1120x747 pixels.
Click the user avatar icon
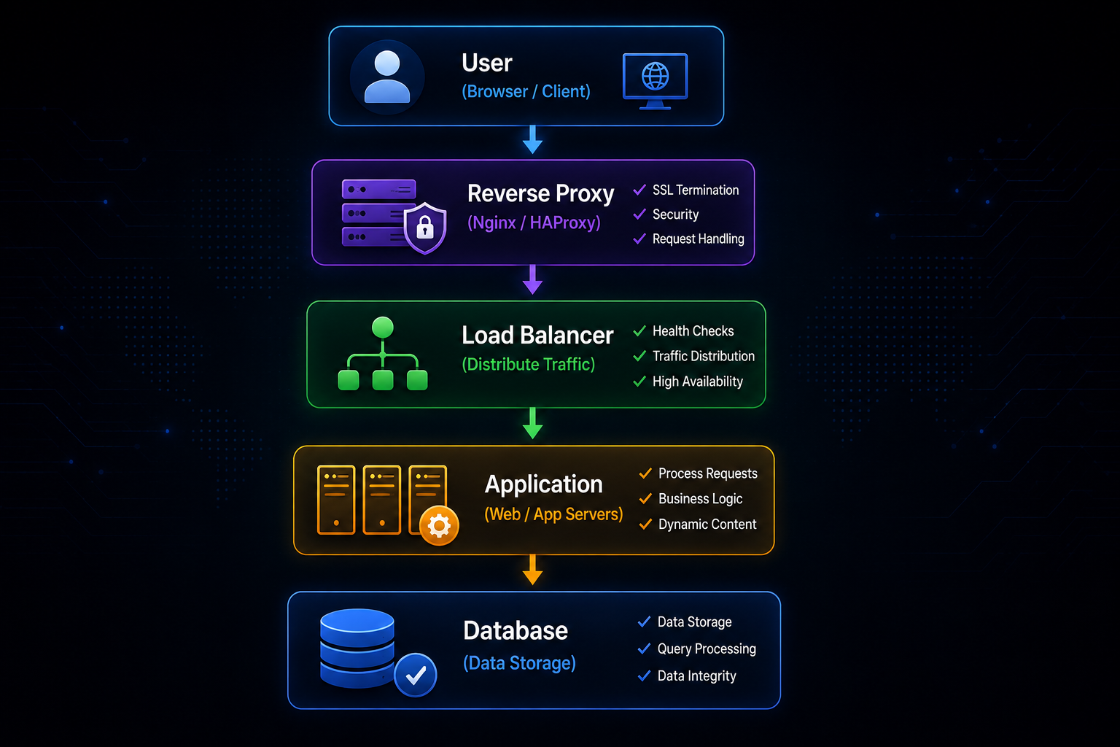coord(387,77)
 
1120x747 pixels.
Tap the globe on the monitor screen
coord(655,76)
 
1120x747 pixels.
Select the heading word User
coord(487,63)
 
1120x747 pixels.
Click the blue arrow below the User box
coord(532,139)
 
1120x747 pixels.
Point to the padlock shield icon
coord(425,228)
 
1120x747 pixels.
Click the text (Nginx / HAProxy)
coord(534,222)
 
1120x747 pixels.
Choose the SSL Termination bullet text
coord(696,190)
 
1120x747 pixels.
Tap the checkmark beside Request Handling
coord(639,239)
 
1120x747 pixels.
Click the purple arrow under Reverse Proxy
coord(532,279)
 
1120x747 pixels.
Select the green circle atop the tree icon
coord(383,328)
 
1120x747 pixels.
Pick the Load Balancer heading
coord(537,335)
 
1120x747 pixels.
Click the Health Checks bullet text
coord(693,331)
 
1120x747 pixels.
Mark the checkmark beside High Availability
coord(639,382)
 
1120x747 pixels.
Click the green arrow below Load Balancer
coord(532,423)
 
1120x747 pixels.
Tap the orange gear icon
coord(439,525)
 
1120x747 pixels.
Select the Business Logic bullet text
coord(700,499)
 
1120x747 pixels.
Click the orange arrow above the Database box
coord(532,570)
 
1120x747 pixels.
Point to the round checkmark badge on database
coord(415,675)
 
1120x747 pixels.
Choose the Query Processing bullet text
coord(707,649)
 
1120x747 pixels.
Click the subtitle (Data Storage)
coord(519,663)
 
